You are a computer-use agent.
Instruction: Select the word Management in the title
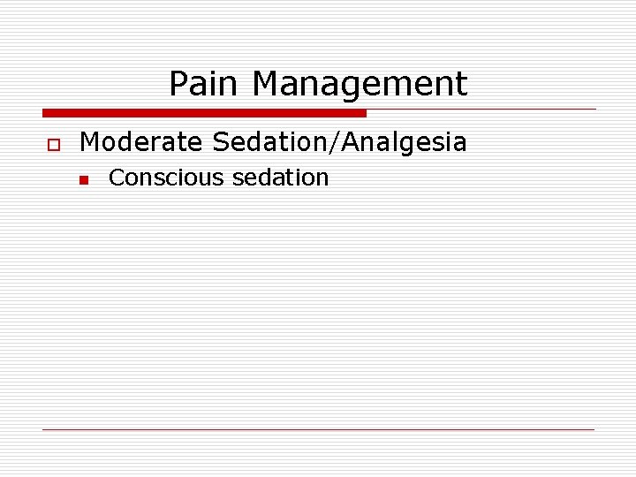(x=360, y=85)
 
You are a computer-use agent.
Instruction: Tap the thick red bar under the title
(x=204, y=113)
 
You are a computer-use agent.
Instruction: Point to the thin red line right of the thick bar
(x=481, y=110)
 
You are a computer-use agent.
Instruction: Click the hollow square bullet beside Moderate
(x=53, y=143)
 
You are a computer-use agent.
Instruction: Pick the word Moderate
(x=140, y=141)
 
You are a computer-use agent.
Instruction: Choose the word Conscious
(x=166, y=178)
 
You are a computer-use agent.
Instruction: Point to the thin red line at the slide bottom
(x=318, y=429)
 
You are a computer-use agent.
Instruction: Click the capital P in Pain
(x=178, y=84)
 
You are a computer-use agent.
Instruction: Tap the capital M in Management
(x=264, y=84)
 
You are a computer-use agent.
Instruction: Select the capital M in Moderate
(x=89, y=141)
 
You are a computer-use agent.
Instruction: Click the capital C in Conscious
(x=116, y=178)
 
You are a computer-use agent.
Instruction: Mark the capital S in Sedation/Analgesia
(x=220, y=141)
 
